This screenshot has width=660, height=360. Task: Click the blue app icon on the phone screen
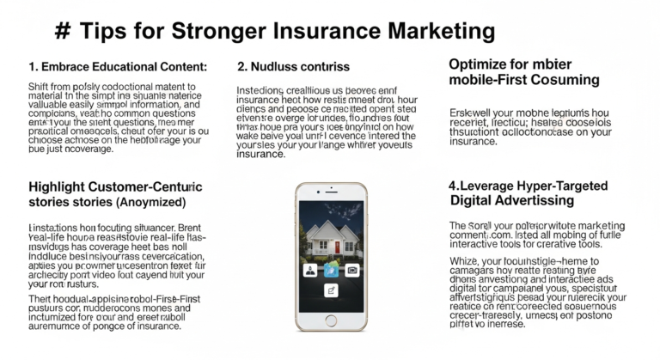[x=331, y=269]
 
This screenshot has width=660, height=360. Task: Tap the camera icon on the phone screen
[x=352, y=269]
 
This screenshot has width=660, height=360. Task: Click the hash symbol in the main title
[x=62, y=32]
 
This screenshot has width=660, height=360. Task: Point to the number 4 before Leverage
[x=452, y=186]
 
